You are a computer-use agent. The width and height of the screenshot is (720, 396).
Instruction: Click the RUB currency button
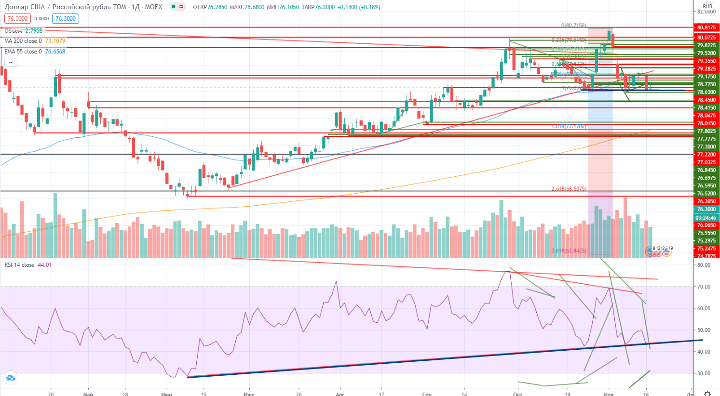pos(707,6)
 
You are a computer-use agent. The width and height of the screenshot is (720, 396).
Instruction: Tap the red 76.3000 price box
pos(17,19)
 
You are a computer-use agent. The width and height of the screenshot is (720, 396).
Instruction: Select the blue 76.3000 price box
pos(66,19)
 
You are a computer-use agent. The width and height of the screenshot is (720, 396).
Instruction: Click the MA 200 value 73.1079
pos(55,41)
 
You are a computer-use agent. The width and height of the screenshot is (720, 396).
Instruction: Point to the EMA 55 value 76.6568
pos(55,52)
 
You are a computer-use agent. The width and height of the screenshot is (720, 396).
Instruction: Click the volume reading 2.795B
pos(34,31)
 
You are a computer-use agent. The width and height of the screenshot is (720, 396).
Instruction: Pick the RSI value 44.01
pos(45,265)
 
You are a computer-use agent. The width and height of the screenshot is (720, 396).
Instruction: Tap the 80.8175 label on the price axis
pos(706,28)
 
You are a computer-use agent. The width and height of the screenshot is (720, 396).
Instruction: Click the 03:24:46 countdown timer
pos(706,218)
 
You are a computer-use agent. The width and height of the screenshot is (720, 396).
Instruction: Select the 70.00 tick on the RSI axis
pos(704,287)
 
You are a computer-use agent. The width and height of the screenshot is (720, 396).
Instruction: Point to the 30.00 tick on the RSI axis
pos(704,373)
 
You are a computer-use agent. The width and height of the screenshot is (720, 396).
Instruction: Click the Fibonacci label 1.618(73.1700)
pos(569,126)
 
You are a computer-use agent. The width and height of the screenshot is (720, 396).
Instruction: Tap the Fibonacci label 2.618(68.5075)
pos(569,189)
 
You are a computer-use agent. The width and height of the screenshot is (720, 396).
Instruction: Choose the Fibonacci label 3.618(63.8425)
pos(569,251)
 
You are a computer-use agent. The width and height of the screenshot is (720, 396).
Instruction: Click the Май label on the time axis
pos(88,394)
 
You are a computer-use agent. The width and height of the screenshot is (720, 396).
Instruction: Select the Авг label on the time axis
pos(340,394)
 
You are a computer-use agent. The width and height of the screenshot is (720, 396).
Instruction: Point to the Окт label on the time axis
pos(517,394)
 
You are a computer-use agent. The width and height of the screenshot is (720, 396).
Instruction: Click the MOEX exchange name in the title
pos(153,7)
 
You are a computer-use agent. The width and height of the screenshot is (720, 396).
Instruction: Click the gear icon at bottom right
pos(707,393)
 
